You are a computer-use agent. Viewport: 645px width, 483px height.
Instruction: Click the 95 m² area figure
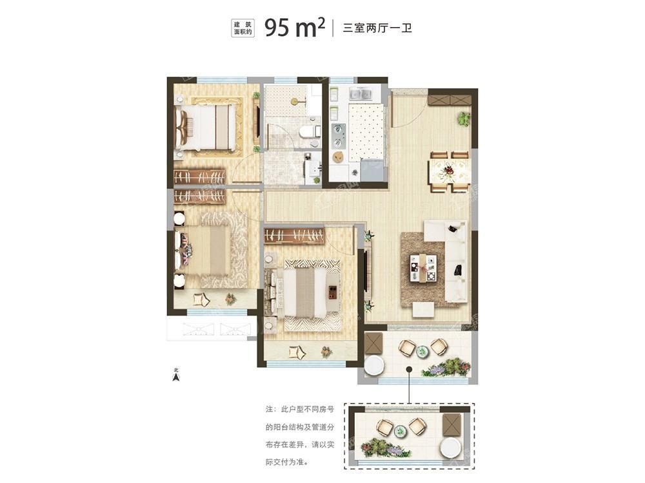pos(295,27)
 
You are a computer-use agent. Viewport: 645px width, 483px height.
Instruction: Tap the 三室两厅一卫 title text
pos(377,28)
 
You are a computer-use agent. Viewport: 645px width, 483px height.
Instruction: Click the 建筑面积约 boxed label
pos(243,28)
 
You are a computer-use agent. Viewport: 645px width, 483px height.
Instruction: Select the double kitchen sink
pos(360,94)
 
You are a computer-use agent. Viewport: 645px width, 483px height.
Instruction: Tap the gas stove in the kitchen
pos(339,135)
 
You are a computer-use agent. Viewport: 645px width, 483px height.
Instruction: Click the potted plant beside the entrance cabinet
pos(464,119)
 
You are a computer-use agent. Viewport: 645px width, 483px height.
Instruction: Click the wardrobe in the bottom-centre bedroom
pos(293,236)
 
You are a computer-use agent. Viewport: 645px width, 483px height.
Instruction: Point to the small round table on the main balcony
pos(422,351)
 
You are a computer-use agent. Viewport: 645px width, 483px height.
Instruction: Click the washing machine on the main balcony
pos(374,365)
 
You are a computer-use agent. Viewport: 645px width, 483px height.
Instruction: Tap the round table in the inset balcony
pos(401,431)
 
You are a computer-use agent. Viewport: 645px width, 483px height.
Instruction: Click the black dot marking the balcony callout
pos(409,369)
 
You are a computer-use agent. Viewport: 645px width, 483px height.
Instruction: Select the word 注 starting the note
pos(270,410)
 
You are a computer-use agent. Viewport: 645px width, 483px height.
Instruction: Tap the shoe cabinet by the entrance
pos(449,100)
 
